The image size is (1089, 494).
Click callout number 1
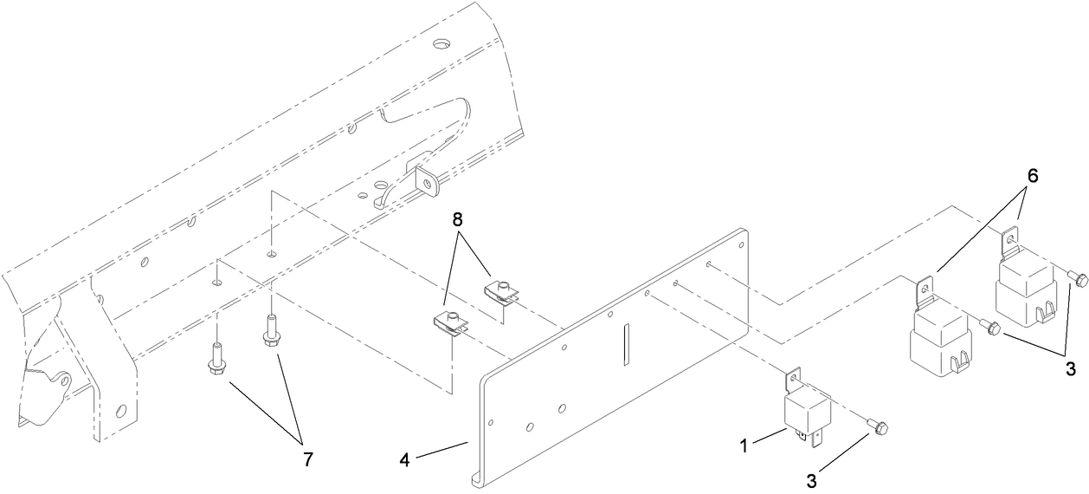[x=744, y=445]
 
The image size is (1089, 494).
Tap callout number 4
[x=405, y=460]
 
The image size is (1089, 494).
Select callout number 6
[x=1032, y=176]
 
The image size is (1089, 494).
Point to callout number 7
[x=308, y=459]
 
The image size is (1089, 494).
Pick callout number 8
[x=457, y=220]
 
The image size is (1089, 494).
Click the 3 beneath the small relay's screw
[x=811, y=481]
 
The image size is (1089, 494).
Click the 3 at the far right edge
[x=1071, y=369]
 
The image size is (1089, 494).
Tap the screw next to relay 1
[x=877, y=427]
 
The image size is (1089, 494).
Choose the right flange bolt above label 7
[x=270, y=331]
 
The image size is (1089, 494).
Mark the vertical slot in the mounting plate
[x=627, y=344]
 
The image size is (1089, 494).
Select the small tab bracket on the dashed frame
[x=428, y=183]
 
